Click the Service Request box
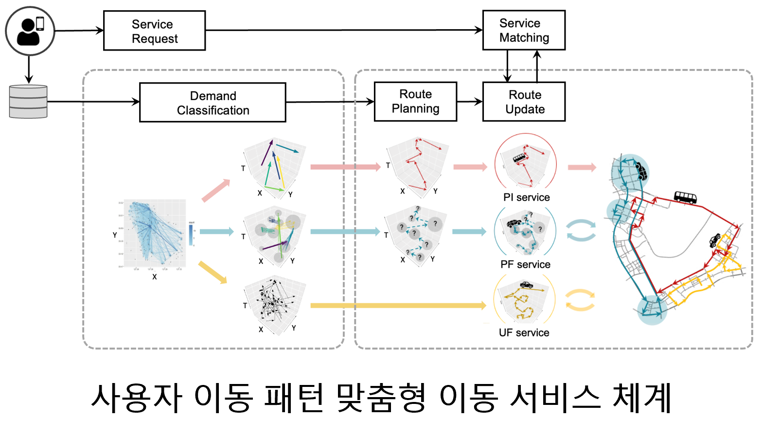point(154,31)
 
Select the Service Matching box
point(524,30)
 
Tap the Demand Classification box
point(213,103)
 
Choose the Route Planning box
point(415,102)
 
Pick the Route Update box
point(524,102)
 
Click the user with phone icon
point(30,31)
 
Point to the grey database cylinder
point(28,102)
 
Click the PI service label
point(526,197)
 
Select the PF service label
point(525,264)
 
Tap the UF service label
point(524,332)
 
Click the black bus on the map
point(685,197)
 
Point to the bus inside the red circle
point(519,157)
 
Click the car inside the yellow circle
point(526,284)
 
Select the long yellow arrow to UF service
point(398,305)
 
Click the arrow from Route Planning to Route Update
point(469,102)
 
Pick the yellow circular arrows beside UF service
point(580,300)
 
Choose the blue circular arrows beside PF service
point(581,230)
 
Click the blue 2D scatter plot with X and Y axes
point(155,233)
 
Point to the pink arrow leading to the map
point(582,167)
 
